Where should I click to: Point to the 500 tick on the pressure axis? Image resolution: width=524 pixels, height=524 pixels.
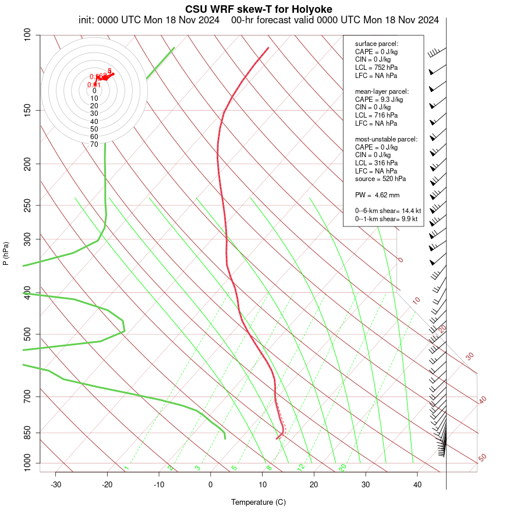click(27, 334)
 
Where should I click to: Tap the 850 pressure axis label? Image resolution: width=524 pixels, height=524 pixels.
click(27, 433)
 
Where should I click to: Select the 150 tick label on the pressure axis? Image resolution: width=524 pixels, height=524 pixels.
click(27, 110)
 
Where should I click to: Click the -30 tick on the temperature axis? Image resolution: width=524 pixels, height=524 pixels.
click(56, 484)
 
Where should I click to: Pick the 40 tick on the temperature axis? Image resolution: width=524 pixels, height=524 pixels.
click(417, 484)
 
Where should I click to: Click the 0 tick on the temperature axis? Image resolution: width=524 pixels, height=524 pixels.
click(211, 484)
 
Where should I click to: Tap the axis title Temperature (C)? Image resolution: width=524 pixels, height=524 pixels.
click(258, 502)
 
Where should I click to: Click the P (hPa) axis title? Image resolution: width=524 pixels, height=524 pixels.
click(6, 254)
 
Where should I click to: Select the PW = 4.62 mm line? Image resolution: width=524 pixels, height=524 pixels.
click(377, 194)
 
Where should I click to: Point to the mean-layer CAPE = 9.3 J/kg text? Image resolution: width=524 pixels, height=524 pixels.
click(379, 100)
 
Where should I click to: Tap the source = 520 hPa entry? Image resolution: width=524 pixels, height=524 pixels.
click(380, 179)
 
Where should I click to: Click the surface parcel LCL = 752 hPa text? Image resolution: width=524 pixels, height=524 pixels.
click(376, 68)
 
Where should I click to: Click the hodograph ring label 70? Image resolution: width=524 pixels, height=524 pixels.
click(94, 144)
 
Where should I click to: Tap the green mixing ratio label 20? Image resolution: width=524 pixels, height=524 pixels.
click(342, 468)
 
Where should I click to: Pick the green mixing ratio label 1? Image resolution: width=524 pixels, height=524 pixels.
click(126, 468)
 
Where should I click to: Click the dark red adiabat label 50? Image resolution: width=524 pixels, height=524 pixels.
click(482, 458)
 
